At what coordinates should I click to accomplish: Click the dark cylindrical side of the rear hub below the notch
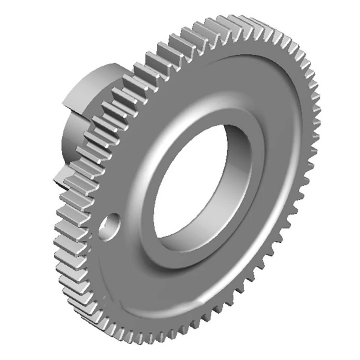[69, 139]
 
